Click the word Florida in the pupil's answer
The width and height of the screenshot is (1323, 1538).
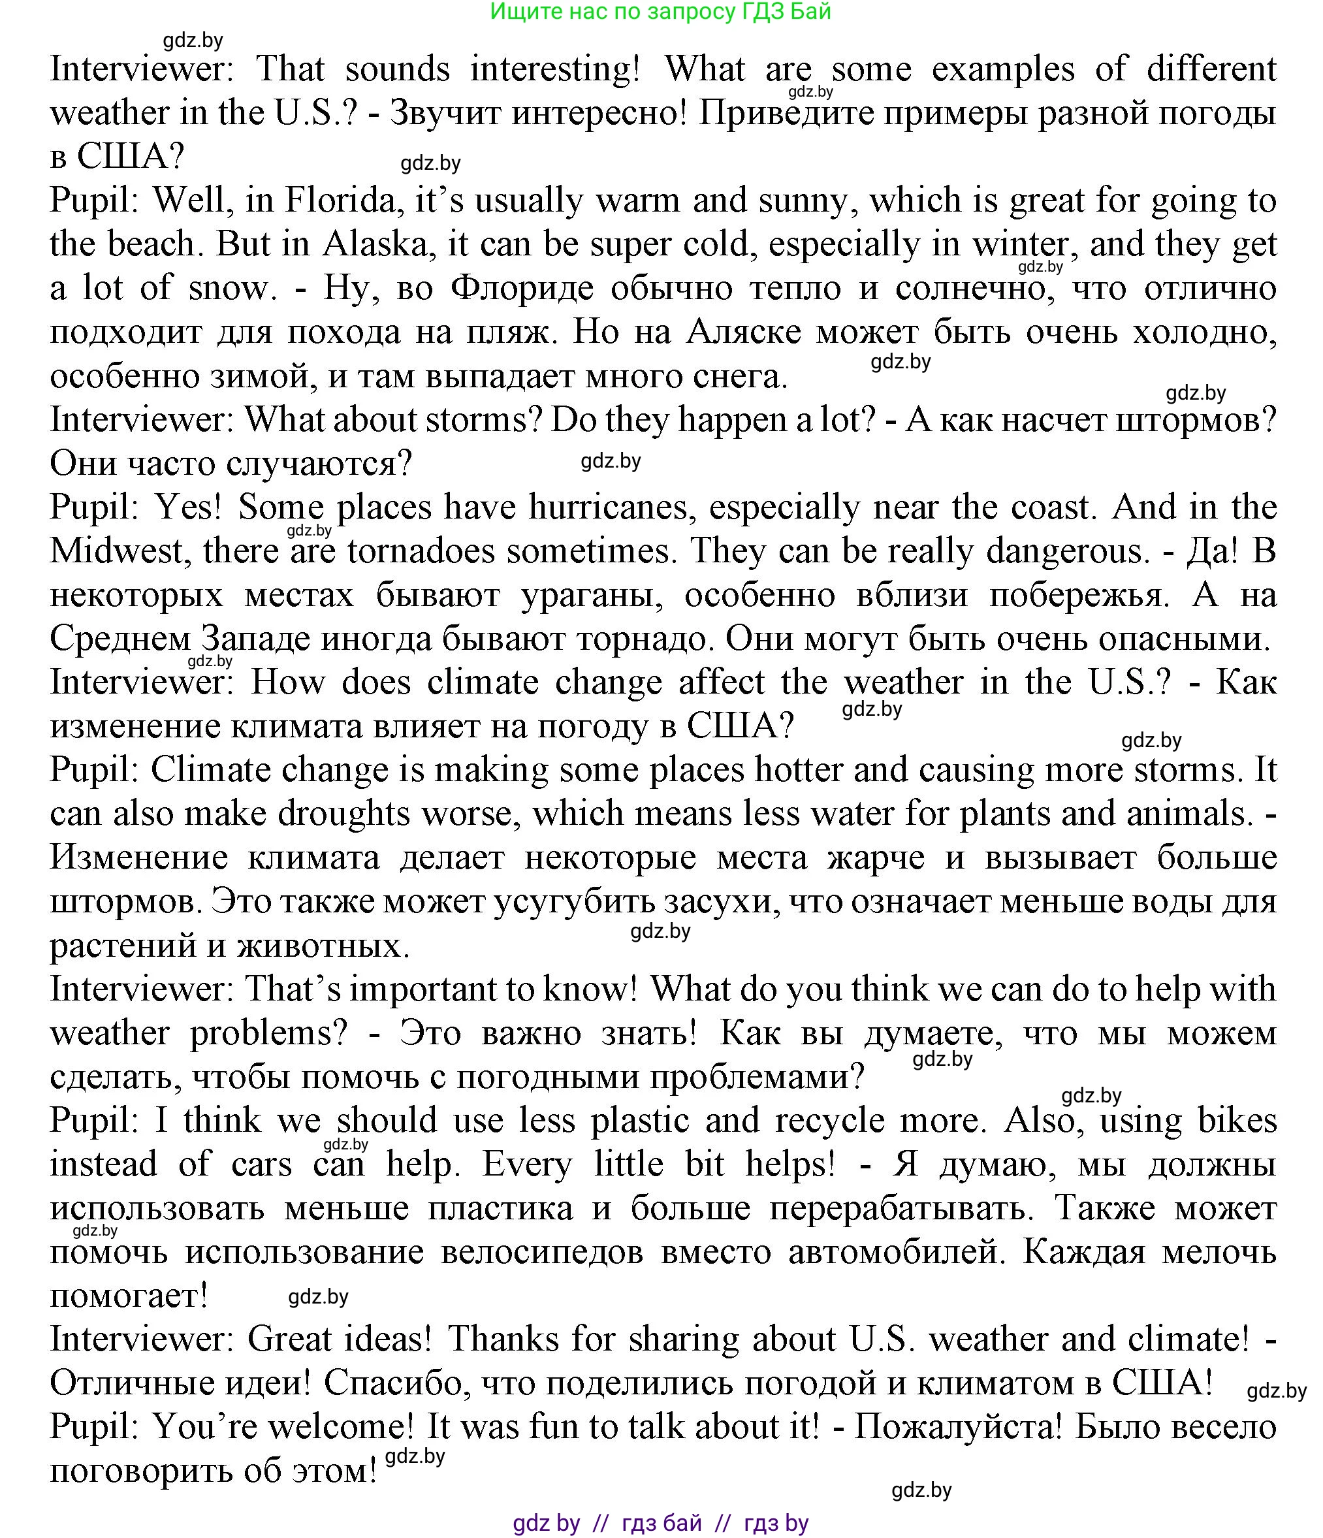(x=344, y=201)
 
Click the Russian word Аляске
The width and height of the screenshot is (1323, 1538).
(x=744, y=332)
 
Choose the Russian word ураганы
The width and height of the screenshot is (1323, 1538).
(x=590, y=596)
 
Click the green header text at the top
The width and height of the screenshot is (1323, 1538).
(x=660, y=12)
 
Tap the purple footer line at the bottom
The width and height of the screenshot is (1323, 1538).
(x=660, y=1523)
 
